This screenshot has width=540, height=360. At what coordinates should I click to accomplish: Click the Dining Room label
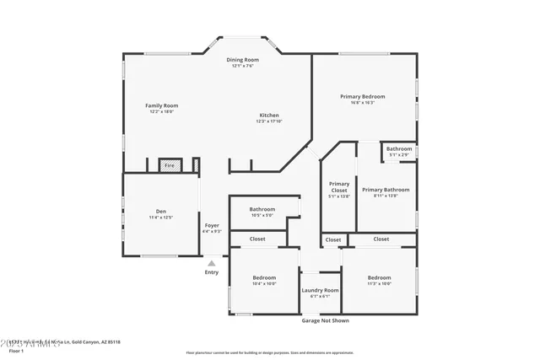click(x=243, y=60)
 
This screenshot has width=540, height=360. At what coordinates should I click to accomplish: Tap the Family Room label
click(x=162, y=105)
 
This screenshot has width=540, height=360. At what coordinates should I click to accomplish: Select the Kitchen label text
click(x=268, y=116)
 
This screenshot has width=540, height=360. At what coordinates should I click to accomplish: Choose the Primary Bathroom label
click(x=385, y=190)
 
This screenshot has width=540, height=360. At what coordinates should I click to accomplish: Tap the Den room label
click(x=160, y=212)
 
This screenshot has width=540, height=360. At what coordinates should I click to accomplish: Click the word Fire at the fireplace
click(x=169, y=166)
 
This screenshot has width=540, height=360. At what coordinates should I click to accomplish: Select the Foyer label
click(x=212, y=225)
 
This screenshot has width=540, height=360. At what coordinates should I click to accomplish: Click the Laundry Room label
click(x=320, y=290)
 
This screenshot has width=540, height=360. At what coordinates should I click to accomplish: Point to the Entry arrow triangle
click(x=211, y=264)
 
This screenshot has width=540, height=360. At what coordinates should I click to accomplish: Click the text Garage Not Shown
click(x=325, y=320)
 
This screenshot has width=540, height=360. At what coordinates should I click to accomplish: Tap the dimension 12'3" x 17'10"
click(x=268, y=121)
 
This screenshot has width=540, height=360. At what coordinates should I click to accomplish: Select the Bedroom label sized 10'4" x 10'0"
click(x=265, y=277)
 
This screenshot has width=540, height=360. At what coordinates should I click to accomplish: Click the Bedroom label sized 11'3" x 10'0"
click(x=379, y=277)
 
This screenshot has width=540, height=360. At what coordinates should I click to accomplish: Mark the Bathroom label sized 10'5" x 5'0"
click(x=262, y=209)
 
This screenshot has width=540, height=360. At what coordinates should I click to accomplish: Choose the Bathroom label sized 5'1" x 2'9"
click(x=399, y=149)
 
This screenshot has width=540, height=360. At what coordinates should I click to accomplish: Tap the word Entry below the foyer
click(x=211, y=272)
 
